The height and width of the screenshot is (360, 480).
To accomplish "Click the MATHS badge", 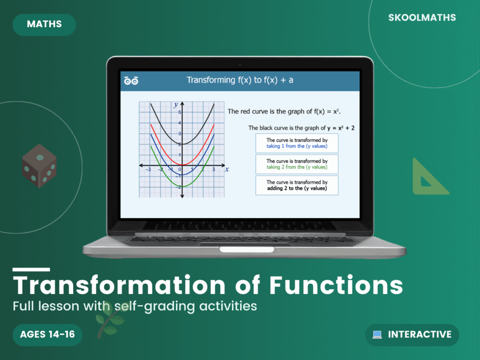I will (x=44, y=25).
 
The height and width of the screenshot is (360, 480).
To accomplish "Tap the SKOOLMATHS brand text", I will (x=422, y=18).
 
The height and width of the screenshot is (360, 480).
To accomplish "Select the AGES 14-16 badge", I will (x=47, y=334).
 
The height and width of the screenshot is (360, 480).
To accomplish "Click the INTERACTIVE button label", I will (x=420, y=335).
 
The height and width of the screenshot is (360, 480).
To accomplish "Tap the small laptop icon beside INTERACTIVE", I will (x=377, y=335).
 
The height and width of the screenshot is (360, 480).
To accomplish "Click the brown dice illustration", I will (x=39, y=166).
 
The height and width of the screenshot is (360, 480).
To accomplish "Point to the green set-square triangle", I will (x=427, y=179).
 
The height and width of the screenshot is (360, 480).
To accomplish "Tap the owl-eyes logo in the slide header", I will (x=131, y=81).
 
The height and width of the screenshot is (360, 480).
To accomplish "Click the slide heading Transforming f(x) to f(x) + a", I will (x=240, y=80).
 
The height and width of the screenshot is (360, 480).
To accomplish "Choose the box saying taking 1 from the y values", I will (x=297, y=143).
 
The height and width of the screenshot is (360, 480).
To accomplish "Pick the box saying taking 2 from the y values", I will (x=297, y=164).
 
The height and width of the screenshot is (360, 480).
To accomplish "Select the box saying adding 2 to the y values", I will (x=297, y=185).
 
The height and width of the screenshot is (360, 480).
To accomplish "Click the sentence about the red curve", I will (x=284, y=112).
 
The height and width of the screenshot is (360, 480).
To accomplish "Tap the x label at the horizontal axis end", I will (x=226, y=169).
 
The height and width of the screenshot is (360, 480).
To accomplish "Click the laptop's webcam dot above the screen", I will (x=240, y=64).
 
